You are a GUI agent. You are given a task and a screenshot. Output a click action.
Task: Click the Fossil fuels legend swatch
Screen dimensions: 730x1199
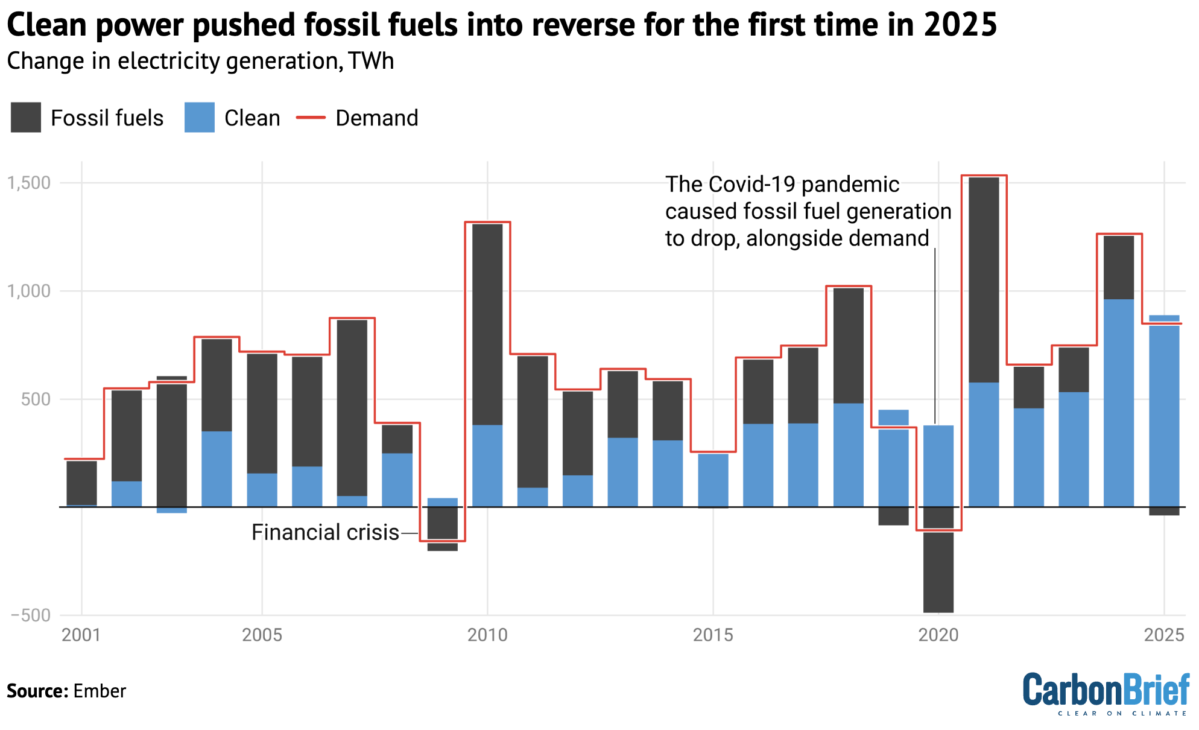click(x=26, y=117)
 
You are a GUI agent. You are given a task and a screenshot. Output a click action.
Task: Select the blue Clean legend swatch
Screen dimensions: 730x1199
click(x=200, y=117)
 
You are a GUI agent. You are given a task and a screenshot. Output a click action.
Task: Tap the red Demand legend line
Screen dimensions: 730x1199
click(x=311, y=117)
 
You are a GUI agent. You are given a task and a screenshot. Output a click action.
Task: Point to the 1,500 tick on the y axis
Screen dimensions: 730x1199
click(x=29, y=183)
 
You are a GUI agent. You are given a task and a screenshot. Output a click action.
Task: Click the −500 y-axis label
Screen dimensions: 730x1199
click(x=31, y=615)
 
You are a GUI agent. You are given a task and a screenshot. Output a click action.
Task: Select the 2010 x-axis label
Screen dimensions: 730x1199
click(x=487, y=635)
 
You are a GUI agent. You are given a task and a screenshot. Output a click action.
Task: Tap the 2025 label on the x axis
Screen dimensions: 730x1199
click(x=1164, y=635)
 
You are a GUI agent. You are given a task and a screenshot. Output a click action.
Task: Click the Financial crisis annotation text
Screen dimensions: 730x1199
click(x=325, y=533)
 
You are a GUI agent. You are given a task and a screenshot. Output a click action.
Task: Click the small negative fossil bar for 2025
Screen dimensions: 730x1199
click(x=1164, y=511)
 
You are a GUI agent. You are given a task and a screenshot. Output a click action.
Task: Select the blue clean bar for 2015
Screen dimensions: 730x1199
click(x=713, y=480)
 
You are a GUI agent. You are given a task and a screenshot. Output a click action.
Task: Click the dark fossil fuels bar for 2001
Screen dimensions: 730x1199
click(x=81, y=482)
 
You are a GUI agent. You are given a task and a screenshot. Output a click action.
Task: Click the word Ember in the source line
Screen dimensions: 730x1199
click(x=100, y=691)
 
